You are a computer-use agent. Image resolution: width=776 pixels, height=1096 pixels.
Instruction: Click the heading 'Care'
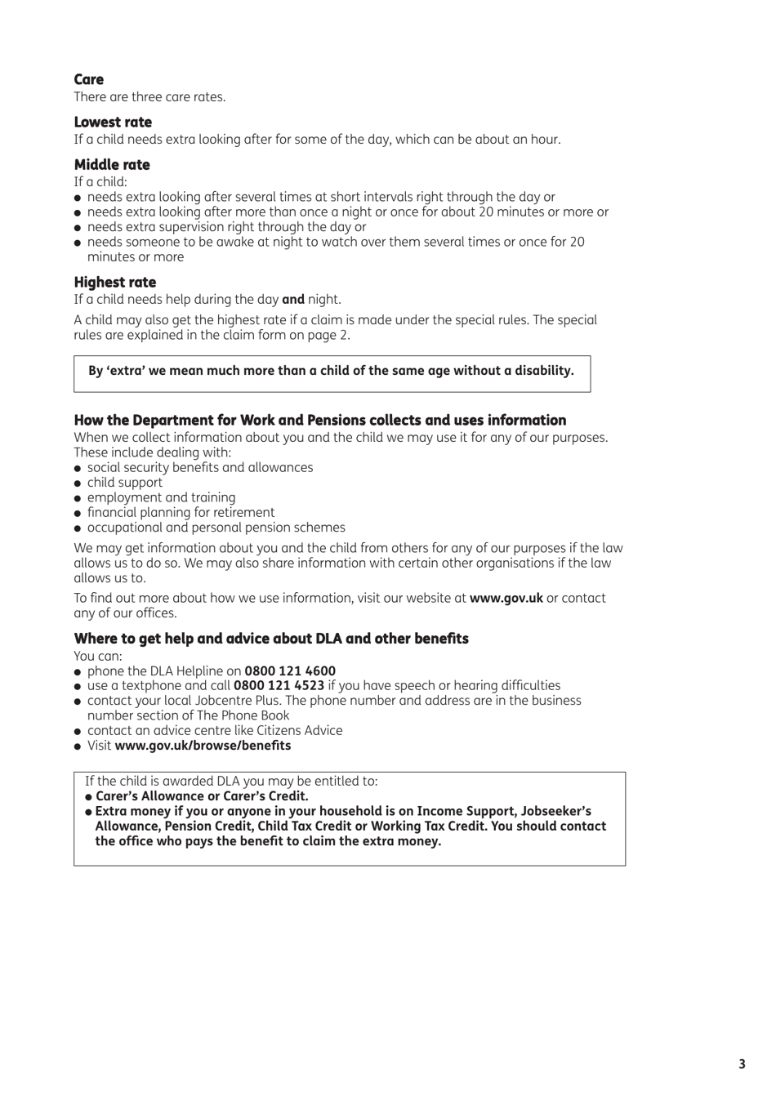tap(88, 79)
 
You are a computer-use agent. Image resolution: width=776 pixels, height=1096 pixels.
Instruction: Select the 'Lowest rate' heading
tap(113, 122)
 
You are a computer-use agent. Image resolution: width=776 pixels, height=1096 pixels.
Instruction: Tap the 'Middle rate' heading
tap(112, 164)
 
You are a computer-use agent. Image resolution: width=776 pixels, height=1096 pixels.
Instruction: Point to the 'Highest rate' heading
tap(114, 282)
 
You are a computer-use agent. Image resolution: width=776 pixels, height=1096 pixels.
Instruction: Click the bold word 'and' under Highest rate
tap(292, 300)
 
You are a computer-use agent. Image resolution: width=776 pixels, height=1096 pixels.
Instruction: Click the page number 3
tap(742, 1063)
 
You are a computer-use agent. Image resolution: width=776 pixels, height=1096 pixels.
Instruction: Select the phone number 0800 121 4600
tap(290, 671)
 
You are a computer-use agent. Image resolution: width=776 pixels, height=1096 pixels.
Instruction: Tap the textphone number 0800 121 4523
tap(279, 685)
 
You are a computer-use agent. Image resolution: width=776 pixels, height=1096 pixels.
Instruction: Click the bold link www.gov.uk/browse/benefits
tap(203, 745)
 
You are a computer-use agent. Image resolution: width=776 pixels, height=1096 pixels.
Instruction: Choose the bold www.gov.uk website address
tap(506, 598)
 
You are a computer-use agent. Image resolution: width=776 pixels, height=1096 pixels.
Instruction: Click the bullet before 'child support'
tap(78, 483)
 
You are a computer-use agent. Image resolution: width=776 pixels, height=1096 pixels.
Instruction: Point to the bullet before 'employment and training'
tap(78, 498)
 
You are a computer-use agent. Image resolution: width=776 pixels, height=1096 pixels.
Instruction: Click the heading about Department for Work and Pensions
tap(319, 420)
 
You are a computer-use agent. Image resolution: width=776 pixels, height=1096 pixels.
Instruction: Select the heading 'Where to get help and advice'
tap(271, 638)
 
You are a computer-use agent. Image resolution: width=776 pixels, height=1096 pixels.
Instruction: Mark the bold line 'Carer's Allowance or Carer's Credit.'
tap(202, 795)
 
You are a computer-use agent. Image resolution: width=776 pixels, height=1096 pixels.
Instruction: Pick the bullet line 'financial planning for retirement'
tap(181, 512)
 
